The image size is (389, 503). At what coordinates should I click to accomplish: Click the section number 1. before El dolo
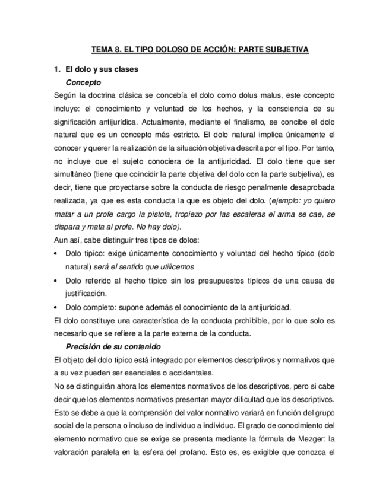pos(57,69)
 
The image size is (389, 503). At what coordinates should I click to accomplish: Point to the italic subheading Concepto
pos(83,82)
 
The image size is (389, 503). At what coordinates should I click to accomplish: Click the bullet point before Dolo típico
pos(56,254)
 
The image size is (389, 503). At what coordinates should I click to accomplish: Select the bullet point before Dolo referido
pos(56,281)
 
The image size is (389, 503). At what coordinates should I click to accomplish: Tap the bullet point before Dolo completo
pos(56,307)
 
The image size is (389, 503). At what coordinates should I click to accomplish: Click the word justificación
pos(86,294)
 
